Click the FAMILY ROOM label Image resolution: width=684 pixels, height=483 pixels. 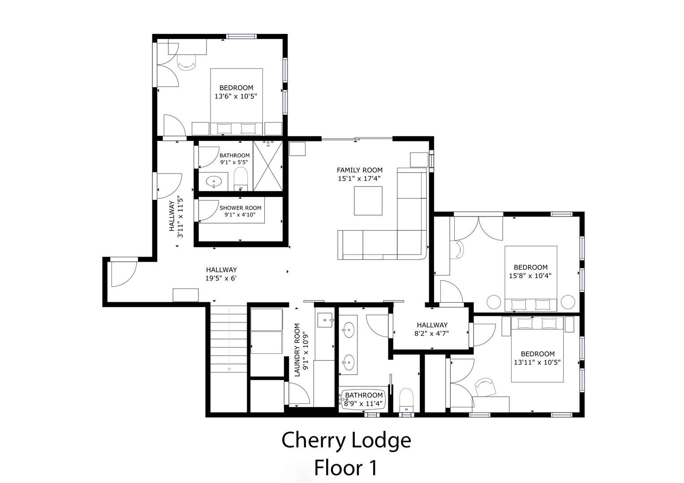click(x=359, y=170)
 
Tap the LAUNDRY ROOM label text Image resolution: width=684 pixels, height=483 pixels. click(x=297, y=350)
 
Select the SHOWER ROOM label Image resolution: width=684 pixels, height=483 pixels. click(x=240, y=208)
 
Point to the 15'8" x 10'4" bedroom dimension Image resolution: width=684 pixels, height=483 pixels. click(x=530, y=276)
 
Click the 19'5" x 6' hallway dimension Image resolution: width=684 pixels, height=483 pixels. click(x=221, y=278)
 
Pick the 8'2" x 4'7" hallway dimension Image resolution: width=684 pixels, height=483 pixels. click(x=431, y=334)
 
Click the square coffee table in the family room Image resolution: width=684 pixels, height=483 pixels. click(x=368, y=201)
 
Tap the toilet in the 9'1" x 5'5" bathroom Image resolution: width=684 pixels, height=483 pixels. click(x=241, y=179)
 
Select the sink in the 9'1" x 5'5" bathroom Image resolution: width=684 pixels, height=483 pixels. click(x=214, y=182)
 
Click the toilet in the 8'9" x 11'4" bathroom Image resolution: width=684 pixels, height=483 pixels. click(x=406, y=400)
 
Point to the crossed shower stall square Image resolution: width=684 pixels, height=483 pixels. click(x=268, y=166)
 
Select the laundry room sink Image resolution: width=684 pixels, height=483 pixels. click(x=325, y=320)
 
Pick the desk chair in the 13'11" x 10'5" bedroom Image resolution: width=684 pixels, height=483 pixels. click(x=485, y=387)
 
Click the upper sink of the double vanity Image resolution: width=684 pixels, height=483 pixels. click(x=348, y=330)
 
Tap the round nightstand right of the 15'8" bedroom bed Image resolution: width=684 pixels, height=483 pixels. click(x=568, y=302)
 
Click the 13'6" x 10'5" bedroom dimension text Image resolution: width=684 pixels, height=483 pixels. click(x=236, y=97)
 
